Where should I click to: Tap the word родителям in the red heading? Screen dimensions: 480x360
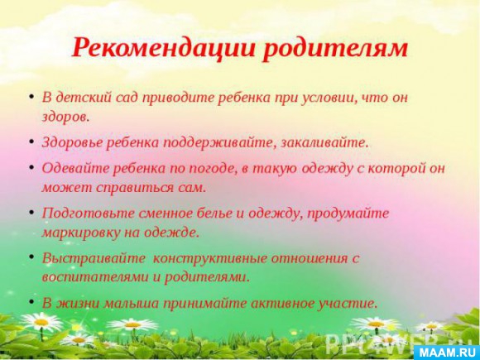[x=335, y=49]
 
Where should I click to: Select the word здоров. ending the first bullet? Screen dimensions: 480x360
[x=65, y=118]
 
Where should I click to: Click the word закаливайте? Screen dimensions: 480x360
[x=324, y=143]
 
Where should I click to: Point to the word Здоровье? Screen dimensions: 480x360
[x=71, y=143]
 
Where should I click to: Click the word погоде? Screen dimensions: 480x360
[x=213, y=169]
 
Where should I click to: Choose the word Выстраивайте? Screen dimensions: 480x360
[x=94, y=258]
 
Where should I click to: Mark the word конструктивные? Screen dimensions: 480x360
[x=209, y=259]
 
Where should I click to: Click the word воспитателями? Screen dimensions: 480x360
[x=94, y=277]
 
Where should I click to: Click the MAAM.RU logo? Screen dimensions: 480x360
[x=446, y=353]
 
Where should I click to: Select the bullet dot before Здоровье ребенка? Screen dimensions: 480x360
[x=31, y=142]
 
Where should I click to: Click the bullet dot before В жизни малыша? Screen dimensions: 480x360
[x=31, y=302]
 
